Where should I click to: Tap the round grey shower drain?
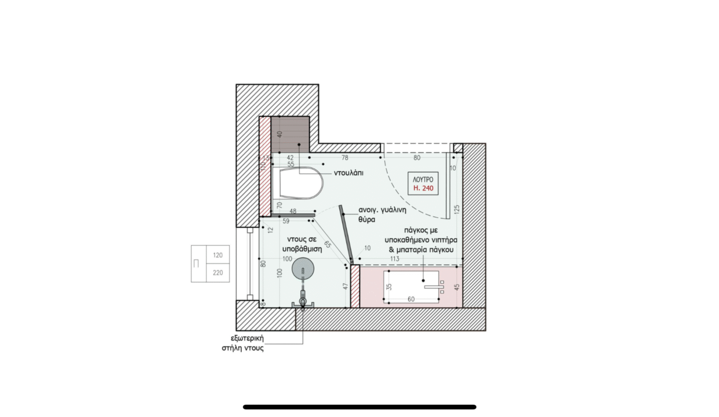303,269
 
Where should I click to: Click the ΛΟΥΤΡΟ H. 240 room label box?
423,184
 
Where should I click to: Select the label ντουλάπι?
348,173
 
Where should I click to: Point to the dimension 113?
394,259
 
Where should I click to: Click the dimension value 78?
345,158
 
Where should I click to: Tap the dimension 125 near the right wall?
457,209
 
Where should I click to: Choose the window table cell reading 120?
217,255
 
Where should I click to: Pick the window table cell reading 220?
217,273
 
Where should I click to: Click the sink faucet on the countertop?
435,287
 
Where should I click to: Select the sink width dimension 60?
411,299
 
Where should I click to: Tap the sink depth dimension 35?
389,287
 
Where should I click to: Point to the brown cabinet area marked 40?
290,134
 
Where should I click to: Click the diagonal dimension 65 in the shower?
328,244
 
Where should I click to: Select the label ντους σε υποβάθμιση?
302,244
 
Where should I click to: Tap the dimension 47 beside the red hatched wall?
346,286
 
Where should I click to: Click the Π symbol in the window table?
196,264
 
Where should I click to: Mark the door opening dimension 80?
417,158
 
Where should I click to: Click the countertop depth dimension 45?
457,287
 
